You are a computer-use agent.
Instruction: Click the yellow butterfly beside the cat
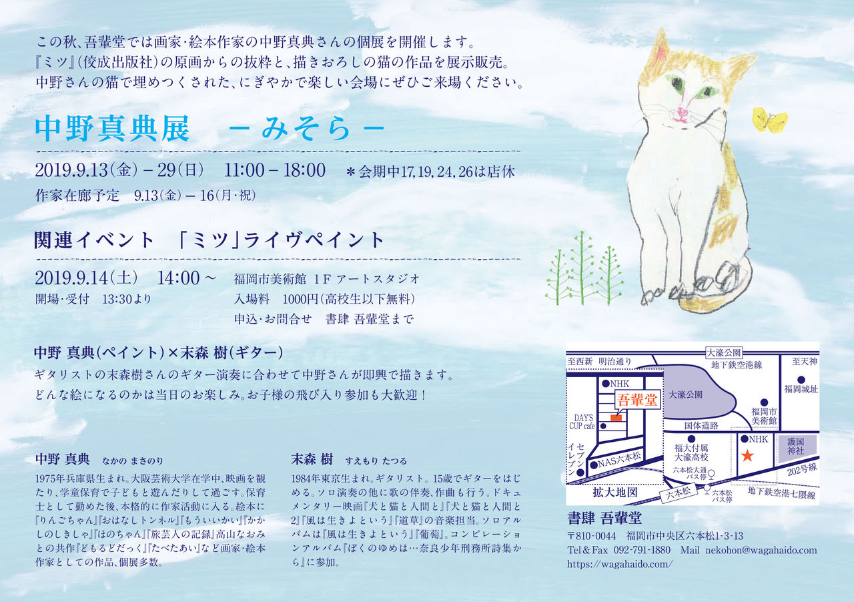tap(769, 119)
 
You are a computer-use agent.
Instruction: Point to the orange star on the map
tap(747, 455)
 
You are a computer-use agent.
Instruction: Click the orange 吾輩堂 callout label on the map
tap(637, 400)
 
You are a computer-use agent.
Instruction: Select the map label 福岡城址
tap(801, 389)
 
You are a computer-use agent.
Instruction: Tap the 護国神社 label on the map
tap(796, 446)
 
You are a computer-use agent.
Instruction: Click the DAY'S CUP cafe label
tap(582, 422)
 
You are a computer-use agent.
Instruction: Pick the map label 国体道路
tap(701, 425)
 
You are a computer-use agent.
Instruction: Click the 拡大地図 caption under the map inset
tap(615, 493)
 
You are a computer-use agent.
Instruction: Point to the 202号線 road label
tap(802, 469)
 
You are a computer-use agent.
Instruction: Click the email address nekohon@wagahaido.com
tap(761, 550)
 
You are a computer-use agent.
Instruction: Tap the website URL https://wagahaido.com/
tap(620, 564)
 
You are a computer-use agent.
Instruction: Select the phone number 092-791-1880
tap(642, 550)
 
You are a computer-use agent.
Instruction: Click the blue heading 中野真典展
tap(112, 129)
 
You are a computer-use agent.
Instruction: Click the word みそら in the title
tap(305, 129)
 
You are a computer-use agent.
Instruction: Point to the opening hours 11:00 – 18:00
tap(274, 170)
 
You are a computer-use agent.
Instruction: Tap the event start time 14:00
tap(178, 278)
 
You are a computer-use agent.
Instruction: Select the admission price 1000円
tap(300, 299)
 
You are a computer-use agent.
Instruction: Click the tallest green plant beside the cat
tap(582, 268)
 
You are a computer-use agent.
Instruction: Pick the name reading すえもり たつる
tap(376, 461)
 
